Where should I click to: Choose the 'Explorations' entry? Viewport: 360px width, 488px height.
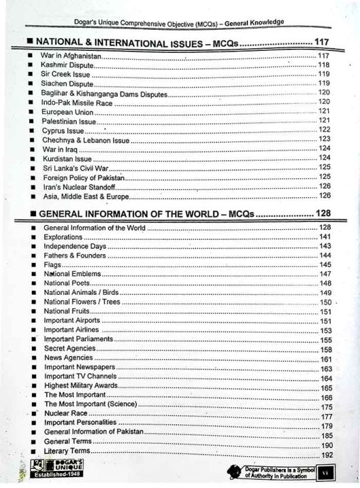63,238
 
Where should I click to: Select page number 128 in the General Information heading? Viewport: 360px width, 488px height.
323,214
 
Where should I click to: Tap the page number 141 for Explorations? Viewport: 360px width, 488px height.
325,237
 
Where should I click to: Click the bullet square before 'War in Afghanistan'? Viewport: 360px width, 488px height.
31,55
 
